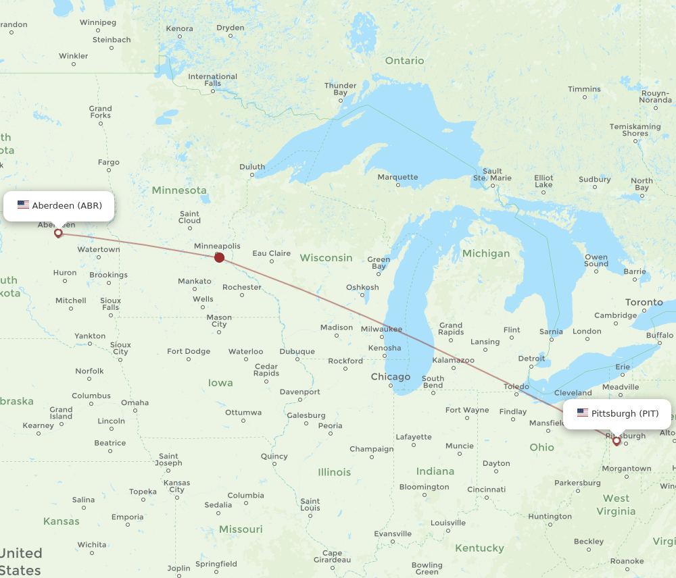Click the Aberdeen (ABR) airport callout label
coord(59,205)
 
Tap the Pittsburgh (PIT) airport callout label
coord(618,413)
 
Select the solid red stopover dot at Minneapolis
coord(219,257)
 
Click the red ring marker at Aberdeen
coord(58,233)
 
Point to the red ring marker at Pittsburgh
coord(617,441)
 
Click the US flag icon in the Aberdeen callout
coord(23,205)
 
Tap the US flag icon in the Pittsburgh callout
coord(582,413)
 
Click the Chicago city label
coord(390,377)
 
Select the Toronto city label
coord(644,302)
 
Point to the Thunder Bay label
coord(340,89)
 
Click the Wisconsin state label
coord(326,257)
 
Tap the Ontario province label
coord(404,61)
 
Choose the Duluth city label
coord(252,167)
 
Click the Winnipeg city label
coord(98,22)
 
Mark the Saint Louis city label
coord(310,504)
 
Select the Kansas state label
coord(61,521)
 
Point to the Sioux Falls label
coord(110,304)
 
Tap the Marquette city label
coord(397,177)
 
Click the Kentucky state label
coord(479,548)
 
